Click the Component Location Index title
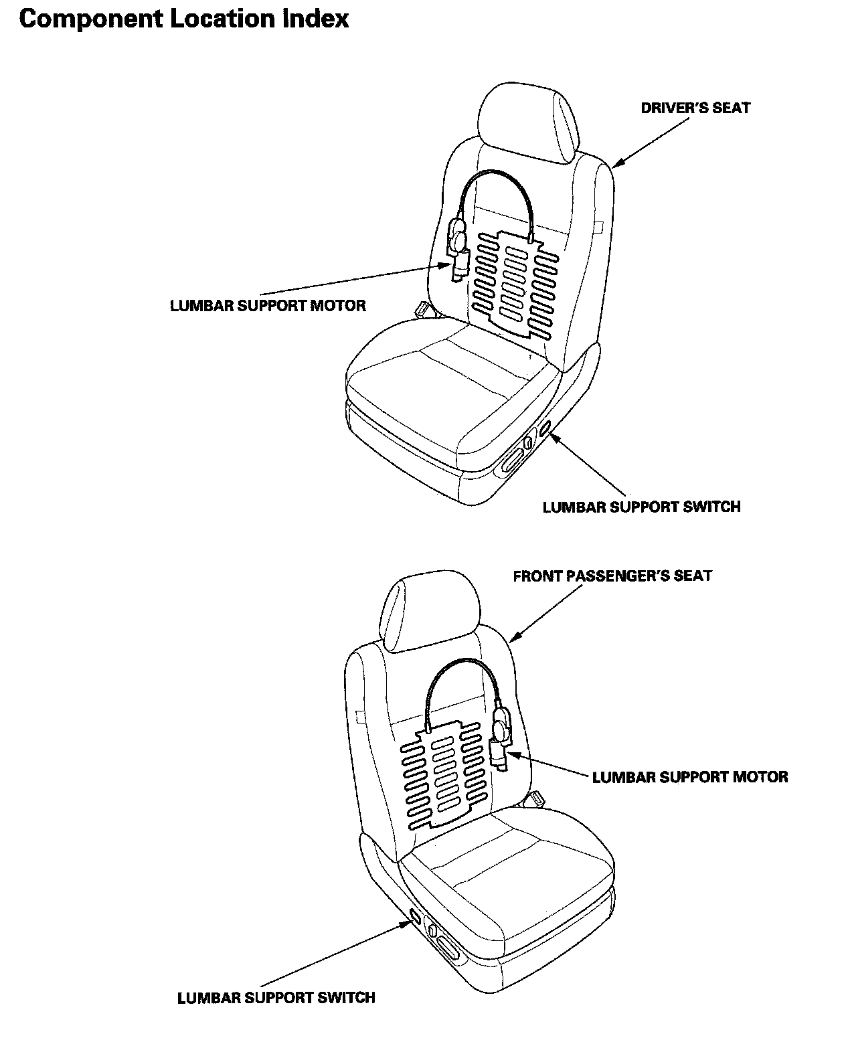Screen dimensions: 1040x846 184,19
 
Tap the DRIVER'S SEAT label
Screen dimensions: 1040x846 695,108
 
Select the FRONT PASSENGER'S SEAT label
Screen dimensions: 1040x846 612,576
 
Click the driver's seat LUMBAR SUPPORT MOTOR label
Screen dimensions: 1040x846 268,306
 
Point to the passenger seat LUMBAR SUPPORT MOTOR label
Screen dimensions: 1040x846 689,777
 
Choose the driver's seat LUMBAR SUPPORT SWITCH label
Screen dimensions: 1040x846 641,507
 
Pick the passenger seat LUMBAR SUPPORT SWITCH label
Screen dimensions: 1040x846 276,998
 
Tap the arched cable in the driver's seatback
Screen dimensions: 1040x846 495,177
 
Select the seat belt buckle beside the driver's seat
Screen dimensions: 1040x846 422,309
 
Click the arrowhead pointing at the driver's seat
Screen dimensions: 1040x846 618,162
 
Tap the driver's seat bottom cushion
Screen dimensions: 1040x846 448,395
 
